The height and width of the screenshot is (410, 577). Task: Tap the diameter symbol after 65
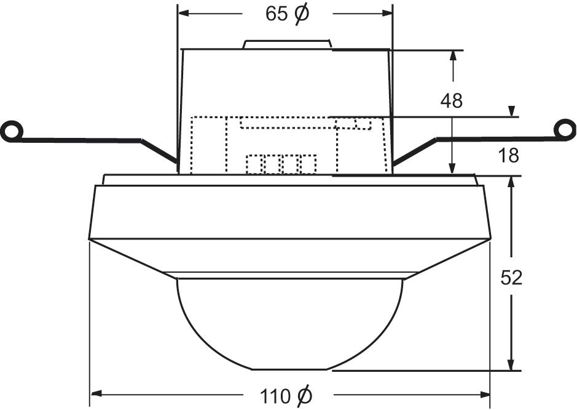pyautogui.click(x=302, y=14)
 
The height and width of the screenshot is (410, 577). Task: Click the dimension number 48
pyautogui.click(x=451, y=101)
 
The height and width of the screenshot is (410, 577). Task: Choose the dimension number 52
pyautogui.click(x=511, y=278)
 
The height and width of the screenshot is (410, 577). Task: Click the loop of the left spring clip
pyautogui.click(x=10, y=131)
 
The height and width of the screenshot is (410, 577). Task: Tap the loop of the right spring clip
pyautogui.click(x=565, y=129)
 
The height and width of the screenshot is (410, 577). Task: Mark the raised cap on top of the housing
pyautogui.click(x=288, y=44)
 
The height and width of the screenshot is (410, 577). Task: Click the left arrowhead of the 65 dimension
pyautogui.click(x=183, y=14)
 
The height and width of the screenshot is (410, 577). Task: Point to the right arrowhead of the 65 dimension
pyautogui.click(x=387, y=14)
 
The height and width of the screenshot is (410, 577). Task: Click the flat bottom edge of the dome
pyautogui.click(x=289, y=369)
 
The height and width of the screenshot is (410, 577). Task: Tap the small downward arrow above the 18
pyautogui.click(x=511, y=112)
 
